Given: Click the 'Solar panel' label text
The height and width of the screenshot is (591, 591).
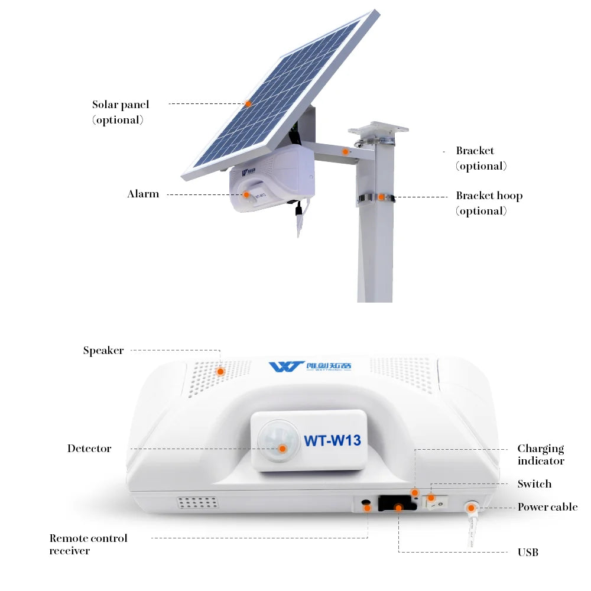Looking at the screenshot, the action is pyautogui.click(x=121, y=105).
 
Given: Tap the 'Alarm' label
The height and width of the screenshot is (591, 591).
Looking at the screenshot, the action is pyautogui.click(x=143, y=194).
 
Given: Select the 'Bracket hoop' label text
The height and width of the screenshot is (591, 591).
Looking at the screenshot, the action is pyautogui.click(x=489, y=196).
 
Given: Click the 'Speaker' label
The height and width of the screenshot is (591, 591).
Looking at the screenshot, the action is pyautogui.click(x=103, y=350).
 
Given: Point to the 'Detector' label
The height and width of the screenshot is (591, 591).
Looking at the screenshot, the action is pyautogui.click(x=89, y=448).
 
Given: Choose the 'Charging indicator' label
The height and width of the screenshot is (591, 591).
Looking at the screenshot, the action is pyautogui.click(x=541, y=454).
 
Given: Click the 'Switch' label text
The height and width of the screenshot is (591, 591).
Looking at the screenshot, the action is pyautogui.click(x=534, y=483).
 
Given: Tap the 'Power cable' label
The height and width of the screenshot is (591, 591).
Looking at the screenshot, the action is pyautogui.click(x=547, y=507).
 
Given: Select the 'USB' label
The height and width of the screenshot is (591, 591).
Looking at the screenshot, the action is pyautogui.click(x=528, y=552).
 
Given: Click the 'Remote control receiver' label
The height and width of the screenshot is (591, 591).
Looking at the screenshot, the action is pyautogui.click(x=88, y=544).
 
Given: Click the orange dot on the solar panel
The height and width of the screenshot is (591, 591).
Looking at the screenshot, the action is pyautogui.click(x=248, y=103).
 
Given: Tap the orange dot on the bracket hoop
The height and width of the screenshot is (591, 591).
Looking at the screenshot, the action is pyautogui.click(x=381, y=197).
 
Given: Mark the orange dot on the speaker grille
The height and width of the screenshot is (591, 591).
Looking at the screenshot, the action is pyautogui.click(x=220, y=372).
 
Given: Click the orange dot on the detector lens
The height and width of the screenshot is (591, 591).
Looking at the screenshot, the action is pyautogui.click(x=282, y=449).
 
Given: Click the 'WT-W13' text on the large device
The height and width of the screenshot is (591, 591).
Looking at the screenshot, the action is pyautogui.click(x=332, y=440).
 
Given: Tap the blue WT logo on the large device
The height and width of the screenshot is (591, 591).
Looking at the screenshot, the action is pyautogui.click(x=285, y=366).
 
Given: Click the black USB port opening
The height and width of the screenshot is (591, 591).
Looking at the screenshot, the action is pyautogui.click(x=397, y=503).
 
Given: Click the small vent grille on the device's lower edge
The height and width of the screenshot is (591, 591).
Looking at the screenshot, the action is pyautogui.click(x=198, y=502).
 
